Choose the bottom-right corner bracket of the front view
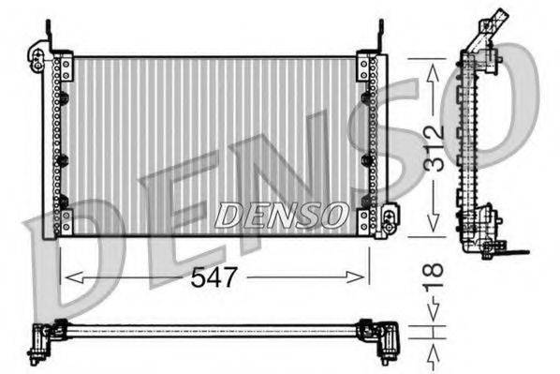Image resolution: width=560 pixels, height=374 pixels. (x=368, y=222)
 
